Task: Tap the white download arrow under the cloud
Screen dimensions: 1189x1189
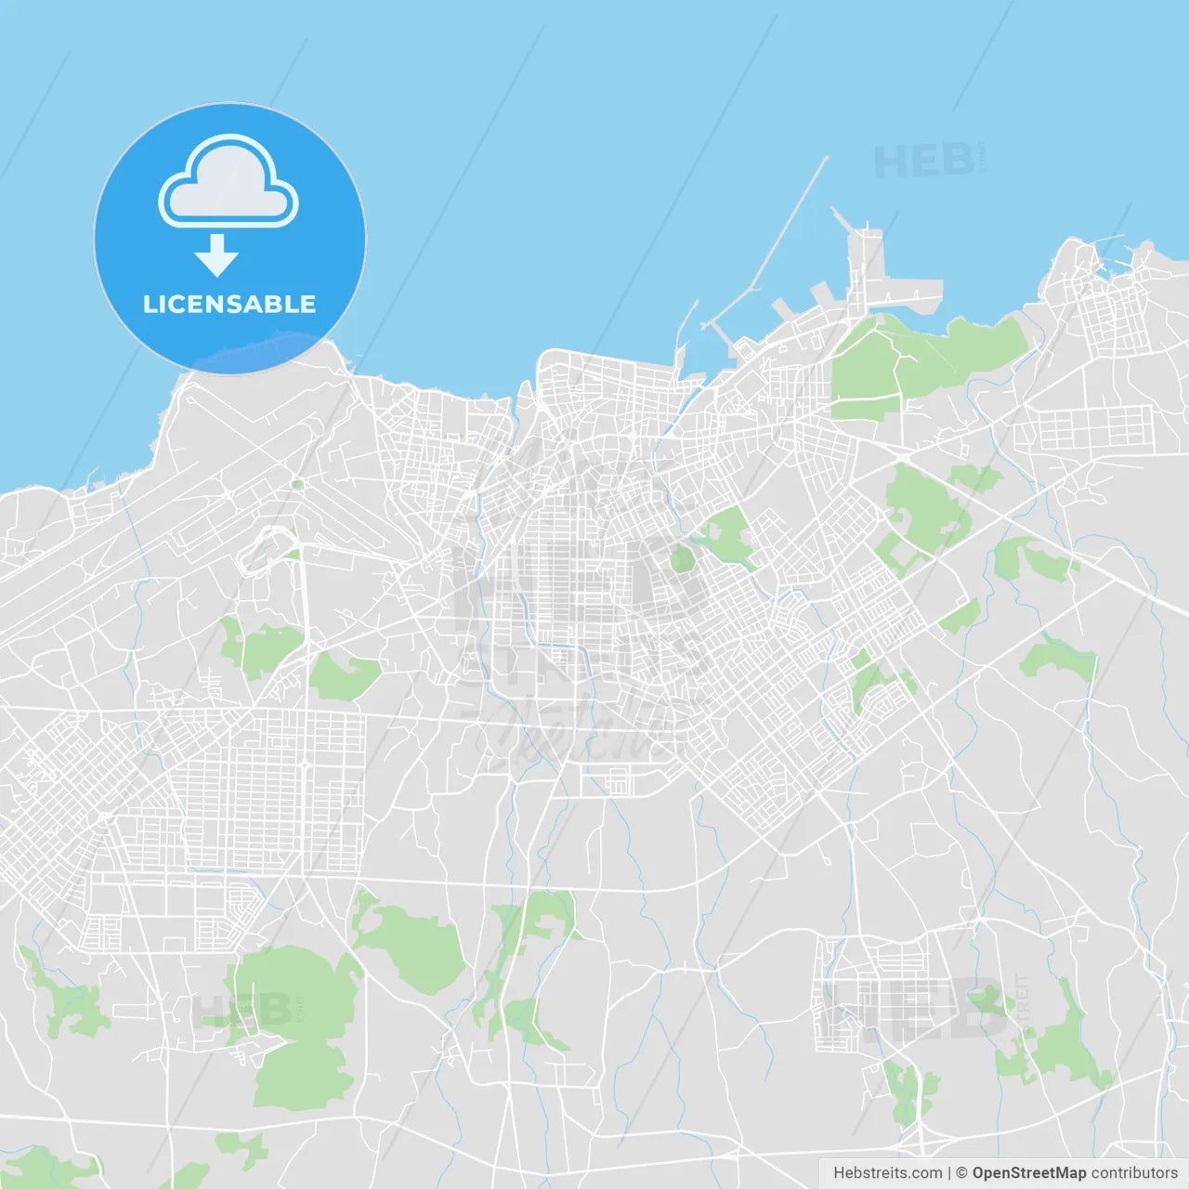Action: click(216, 255)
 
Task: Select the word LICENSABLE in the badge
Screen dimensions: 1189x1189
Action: click(229, 304)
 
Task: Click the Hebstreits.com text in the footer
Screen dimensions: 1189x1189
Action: click(887, 1173)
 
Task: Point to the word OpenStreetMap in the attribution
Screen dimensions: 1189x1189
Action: click(1028, 1173)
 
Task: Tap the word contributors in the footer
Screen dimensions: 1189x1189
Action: click(1134, 1173)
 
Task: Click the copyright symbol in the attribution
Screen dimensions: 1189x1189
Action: click(961, 1173)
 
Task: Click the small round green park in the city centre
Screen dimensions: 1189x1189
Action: click(682, 558)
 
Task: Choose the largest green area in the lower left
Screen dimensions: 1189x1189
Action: click(297, 1022)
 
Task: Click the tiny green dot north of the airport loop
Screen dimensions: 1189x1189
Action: click(297, 484)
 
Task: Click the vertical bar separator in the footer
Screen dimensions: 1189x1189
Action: click(949, 1173)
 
